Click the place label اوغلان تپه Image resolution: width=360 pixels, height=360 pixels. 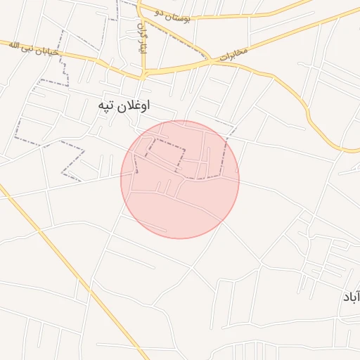coord(124,105)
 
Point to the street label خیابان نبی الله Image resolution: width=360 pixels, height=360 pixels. coord(33,48)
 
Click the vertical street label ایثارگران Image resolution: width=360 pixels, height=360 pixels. coord(142,39)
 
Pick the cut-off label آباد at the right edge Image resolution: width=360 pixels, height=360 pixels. coord(351,297)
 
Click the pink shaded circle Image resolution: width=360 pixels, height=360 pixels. coord(180,179)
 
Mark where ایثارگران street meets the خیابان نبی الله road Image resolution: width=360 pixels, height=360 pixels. coord(143,72)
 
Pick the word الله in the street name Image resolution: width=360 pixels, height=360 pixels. coord(13,45)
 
